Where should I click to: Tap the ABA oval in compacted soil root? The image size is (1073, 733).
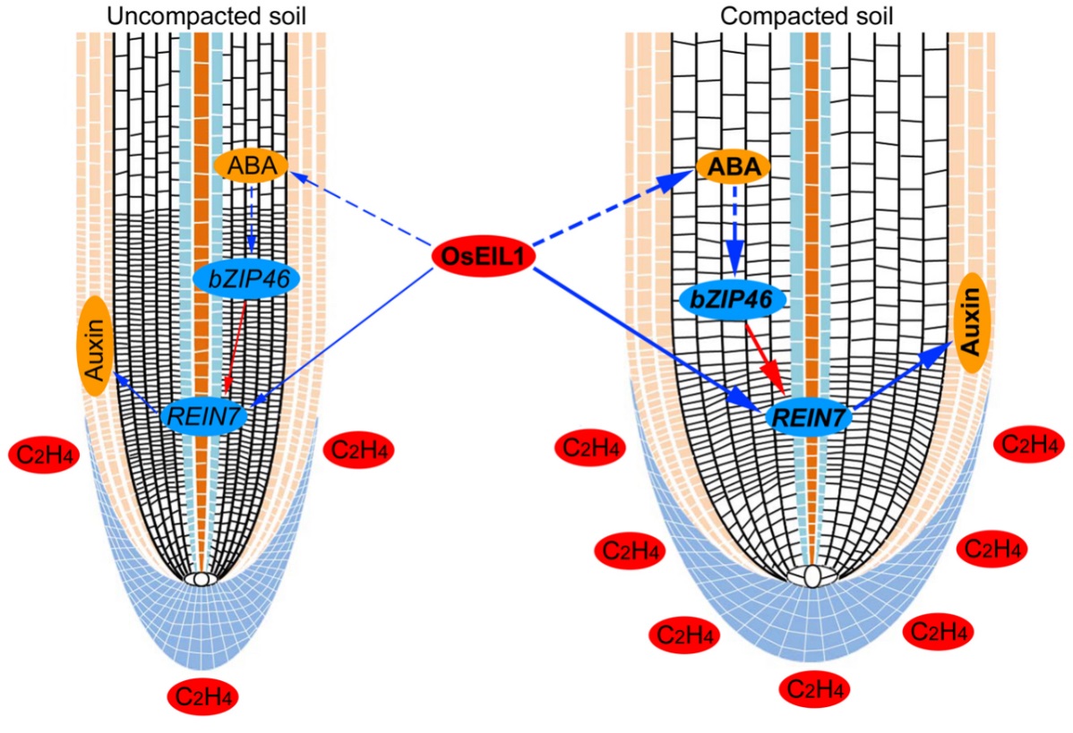(x=734, y=166)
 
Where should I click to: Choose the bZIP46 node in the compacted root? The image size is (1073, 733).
(x=733, y=301)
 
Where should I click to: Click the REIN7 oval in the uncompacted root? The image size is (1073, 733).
(x=203, y=414)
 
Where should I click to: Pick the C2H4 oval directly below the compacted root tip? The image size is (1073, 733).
(x=814, y=688)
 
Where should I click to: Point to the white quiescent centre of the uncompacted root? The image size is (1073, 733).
(x=201, y=579)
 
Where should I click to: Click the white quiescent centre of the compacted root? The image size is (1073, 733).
(x=812, y=575)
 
